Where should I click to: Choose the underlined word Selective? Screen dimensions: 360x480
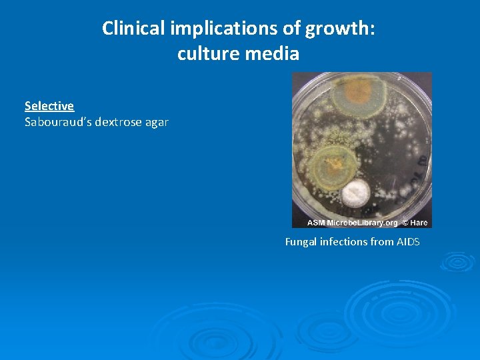pyautogui.click(x=49, y=106)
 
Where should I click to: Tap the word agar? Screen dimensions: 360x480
pyautogui.click(x=158, y=122)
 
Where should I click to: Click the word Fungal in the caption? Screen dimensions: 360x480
pyautogui.click(x=301, y=242)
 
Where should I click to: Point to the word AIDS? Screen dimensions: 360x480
pyautogui.click(x=408, y=242)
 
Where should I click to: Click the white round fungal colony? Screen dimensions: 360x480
pyautogui.click(x=355, y=192)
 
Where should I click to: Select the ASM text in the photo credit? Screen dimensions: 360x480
pyautogui.click(x=317, y=223)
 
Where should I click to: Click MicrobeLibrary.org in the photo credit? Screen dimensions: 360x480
pyautogui.click(x=363, y=223)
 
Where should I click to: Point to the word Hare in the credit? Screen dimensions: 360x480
pyautogui.click(x=420, y=223)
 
